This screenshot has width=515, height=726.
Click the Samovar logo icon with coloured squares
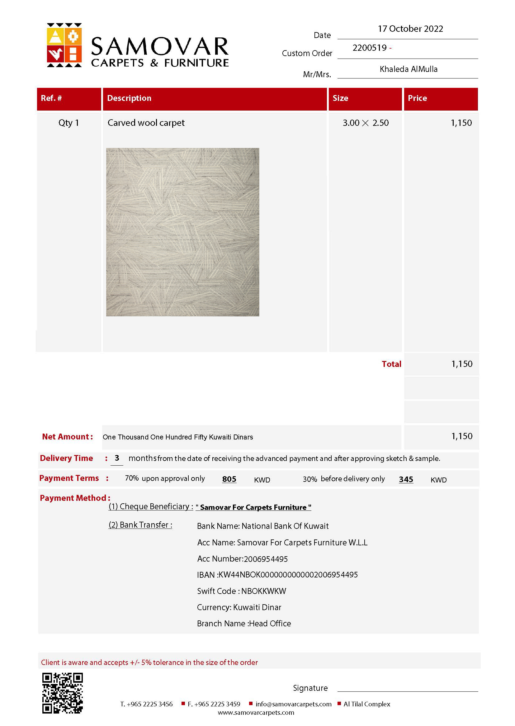pos(64,45)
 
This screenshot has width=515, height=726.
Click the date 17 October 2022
pos(410,29)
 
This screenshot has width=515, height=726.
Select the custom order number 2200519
pos(370,48)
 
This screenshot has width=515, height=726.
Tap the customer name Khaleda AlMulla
pos(409,69)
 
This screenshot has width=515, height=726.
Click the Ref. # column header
pos(51,98)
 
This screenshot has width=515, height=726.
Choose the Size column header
pos(340,98)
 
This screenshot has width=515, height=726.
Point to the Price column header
pos(417,98)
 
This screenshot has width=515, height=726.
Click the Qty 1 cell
pos(69,123)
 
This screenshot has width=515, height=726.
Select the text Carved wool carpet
pos(146,123)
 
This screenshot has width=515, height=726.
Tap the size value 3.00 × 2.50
pos(365,123)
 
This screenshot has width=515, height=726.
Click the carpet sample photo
pos(182,232)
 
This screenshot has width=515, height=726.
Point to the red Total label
pos(391,364)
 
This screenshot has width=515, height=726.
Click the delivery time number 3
pos(117,458)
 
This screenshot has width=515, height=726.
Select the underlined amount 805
pos(229,479)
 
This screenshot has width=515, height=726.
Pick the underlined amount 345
pos(406,479)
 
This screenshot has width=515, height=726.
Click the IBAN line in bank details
pos(277,575)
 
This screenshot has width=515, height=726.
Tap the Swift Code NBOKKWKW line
pos(241,591)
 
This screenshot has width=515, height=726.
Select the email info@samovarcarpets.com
pos(293,704)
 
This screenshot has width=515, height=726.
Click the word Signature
pos(310,688)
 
